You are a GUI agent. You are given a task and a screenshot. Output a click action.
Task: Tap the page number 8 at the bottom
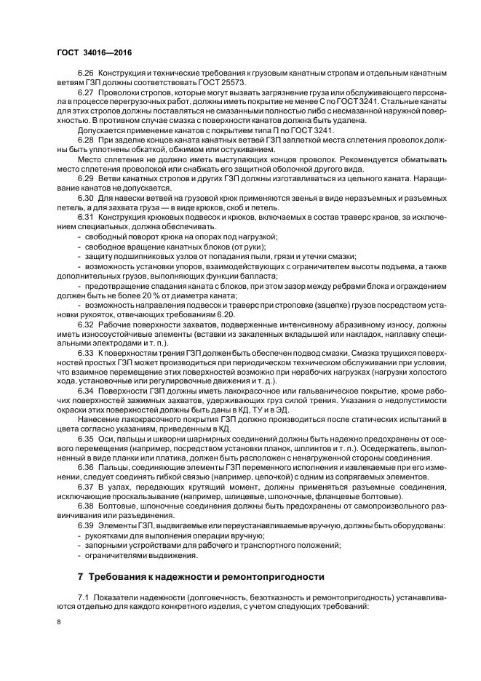pos(60,622)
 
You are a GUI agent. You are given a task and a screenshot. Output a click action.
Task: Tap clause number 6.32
pos(86,343)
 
